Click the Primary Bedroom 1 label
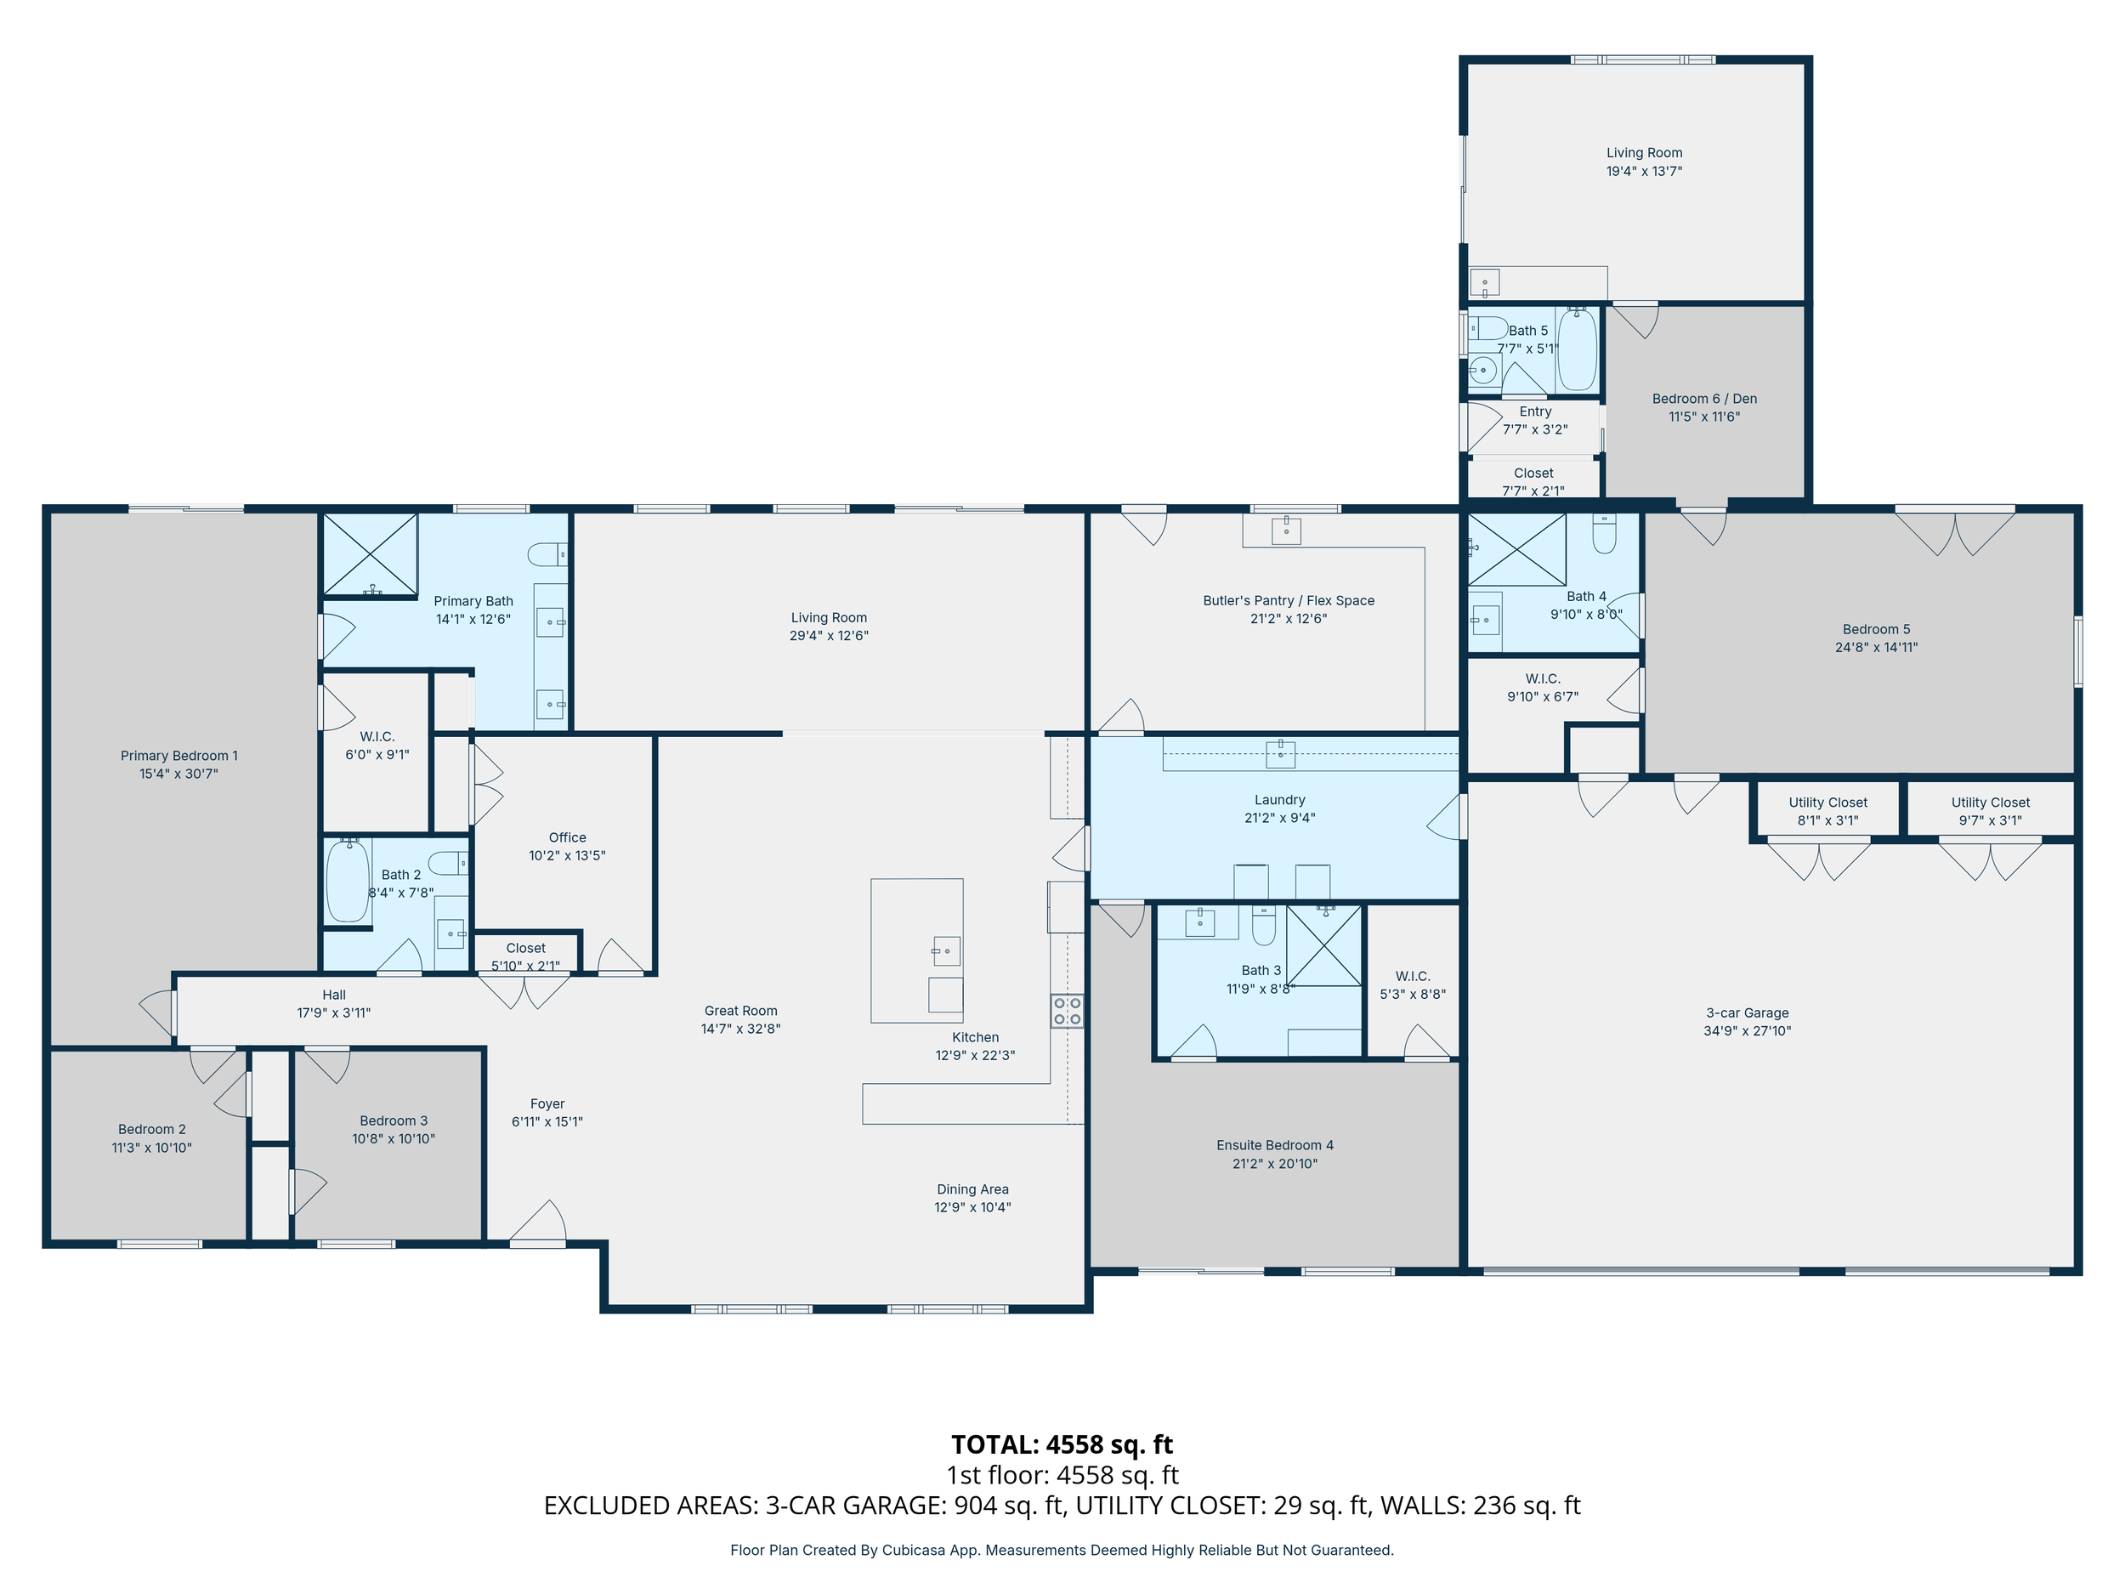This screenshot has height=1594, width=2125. pos(178,756)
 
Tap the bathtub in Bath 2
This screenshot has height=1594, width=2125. pos(348,881)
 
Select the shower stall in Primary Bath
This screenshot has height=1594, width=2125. pos(370,555)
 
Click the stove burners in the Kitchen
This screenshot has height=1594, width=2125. pos(1068,1011)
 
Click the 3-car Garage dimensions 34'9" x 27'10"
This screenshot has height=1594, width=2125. pos(1748,1031)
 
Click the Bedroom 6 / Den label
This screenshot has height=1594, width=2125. pos(1704,399)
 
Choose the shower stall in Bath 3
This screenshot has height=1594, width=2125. pos(1323,945)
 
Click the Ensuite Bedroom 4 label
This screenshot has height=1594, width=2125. pos(1275,1145)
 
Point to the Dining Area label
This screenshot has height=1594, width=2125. pos(972,1189)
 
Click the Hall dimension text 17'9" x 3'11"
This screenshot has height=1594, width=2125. pos(333,1013)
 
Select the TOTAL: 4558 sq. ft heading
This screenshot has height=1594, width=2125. pos(1062,1445)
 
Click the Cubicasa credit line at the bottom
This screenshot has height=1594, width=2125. pos(1062,1550)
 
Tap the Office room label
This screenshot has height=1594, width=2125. pos(567,838)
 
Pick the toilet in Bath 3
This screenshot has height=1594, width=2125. pos(1263,925)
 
